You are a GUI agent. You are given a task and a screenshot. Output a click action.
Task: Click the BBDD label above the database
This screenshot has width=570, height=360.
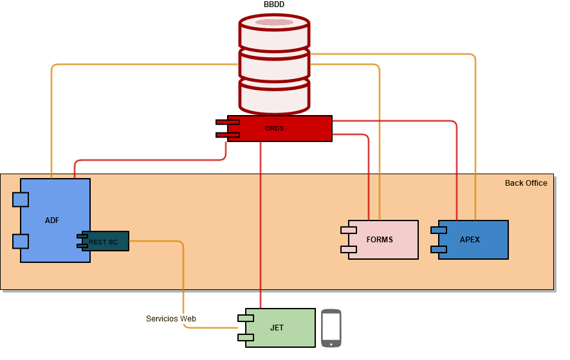pos(274,5)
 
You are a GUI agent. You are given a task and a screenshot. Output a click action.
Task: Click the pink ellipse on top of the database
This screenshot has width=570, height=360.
pos(274,22)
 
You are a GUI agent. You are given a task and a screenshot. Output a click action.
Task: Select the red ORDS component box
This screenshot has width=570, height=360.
pos(283,129)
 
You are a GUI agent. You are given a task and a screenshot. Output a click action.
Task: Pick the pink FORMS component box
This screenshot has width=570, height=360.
pos(383,240)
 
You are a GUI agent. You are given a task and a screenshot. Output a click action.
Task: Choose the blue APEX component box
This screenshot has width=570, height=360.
pos(473,240)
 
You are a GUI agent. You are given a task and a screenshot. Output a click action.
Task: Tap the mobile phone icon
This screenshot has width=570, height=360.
pos(331,328)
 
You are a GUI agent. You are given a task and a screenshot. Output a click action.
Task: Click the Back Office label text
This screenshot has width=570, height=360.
pos(526,183)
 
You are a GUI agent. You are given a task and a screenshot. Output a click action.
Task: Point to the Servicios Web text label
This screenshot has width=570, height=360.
pos(170,319)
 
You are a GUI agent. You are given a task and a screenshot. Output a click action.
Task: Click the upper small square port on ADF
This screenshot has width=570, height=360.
pos(21,199)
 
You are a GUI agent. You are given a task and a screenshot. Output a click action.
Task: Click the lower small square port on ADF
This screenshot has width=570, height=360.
pos(21,241)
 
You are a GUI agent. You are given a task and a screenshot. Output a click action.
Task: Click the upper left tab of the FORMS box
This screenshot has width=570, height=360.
pos(349,230)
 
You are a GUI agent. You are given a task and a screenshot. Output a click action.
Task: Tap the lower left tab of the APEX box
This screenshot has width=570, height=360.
pos(439,249)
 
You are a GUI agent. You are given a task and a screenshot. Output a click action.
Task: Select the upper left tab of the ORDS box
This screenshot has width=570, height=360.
pos(228,122)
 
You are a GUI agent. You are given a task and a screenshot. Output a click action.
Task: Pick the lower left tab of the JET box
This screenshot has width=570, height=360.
pos(246,337)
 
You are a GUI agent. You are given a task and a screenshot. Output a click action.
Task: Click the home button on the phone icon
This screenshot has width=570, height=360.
pos(331,344)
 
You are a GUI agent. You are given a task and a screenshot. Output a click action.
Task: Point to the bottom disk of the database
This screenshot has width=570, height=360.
pos(274,96)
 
